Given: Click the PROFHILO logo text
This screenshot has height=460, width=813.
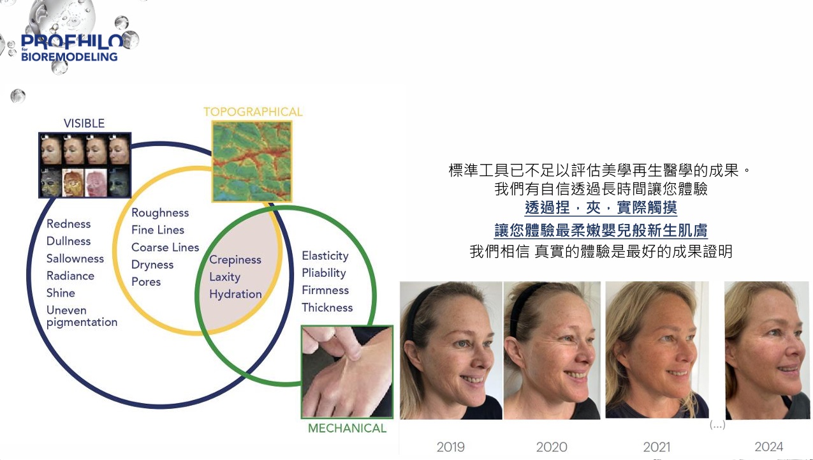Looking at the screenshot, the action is tap(72, 41).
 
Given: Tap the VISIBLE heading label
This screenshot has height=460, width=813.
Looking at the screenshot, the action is tap(84, 123).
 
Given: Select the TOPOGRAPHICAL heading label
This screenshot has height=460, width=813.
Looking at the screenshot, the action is tap(253, 112).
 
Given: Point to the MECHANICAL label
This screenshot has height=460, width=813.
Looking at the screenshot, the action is tap(347, 428).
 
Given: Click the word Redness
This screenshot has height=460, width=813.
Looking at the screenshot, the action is tap(69, 224).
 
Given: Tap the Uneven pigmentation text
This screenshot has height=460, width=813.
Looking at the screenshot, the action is tap(82, 316).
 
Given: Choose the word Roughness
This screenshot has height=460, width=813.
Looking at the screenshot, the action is tap(160, 212).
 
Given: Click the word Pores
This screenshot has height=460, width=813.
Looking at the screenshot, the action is tap(146, 282).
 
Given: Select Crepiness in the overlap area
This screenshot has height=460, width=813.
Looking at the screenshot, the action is tap(235, 260).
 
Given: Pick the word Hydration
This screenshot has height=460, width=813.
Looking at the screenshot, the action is tap(235, 294).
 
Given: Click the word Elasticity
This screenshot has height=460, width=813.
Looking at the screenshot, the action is tap(325, 256).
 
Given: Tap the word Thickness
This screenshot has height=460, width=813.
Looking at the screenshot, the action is tap(327, 308).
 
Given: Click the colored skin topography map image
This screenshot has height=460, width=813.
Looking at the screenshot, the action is tap(252, 161).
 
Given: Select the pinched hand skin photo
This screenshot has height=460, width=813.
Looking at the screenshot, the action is tap(347, 372).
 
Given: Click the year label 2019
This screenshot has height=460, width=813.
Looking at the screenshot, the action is tap(450, 447).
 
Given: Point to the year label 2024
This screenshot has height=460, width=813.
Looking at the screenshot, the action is tap(769, 447).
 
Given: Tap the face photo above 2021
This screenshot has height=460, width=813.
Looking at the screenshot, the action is tap(657, 350).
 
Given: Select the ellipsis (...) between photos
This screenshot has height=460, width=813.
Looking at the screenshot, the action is tap(717, 425).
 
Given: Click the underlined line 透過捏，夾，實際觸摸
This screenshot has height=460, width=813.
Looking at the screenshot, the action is tap(601, 208).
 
